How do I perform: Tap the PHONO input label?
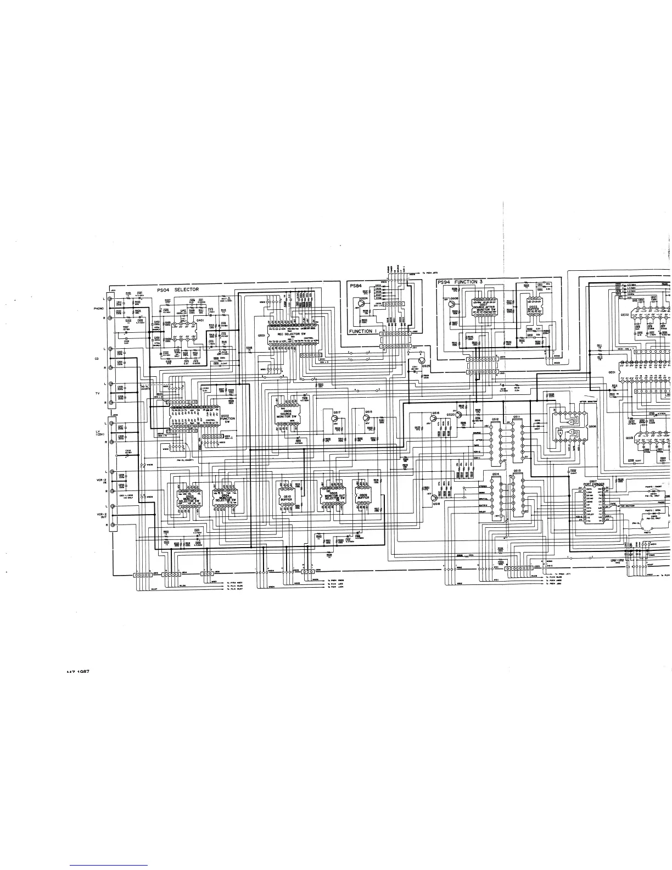point(99,309)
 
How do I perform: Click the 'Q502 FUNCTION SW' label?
point(228,418)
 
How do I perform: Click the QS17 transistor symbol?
point(334,418)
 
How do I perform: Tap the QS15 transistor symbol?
point(366,418)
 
